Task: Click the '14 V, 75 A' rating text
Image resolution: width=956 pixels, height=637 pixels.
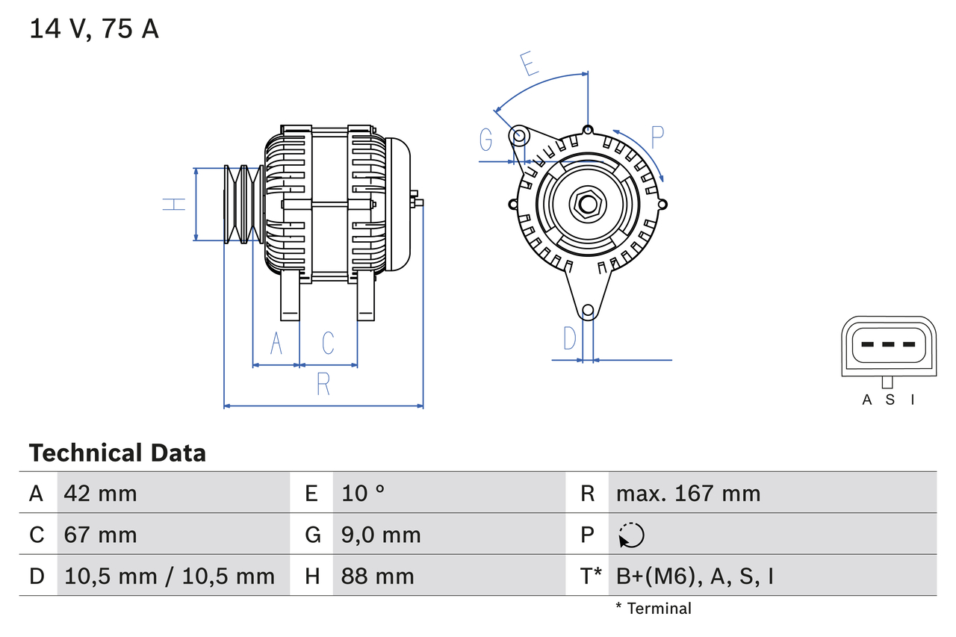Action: (94, 29)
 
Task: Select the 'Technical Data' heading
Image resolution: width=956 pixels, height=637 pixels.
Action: (117, 453)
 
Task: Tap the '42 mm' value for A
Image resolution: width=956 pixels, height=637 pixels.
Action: (101, 493)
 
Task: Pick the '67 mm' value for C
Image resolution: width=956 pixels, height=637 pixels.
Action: (101, 535)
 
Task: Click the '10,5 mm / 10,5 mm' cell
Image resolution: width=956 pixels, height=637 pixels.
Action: (170, 576)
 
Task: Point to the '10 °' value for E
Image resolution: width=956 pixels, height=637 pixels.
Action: (364, 493)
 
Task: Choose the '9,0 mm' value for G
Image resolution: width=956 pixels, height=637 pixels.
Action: (381, 535)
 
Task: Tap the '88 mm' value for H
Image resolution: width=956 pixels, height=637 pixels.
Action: (377, 576)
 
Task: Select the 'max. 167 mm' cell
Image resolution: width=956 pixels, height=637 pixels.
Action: (688, 493)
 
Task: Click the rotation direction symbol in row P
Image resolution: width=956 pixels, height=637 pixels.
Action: (631, 535)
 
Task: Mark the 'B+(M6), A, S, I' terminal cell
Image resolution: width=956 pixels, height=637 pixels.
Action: (694, 576)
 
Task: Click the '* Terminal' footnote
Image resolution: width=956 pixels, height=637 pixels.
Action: (654, 609)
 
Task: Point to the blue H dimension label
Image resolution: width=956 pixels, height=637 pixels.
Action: (174, 204)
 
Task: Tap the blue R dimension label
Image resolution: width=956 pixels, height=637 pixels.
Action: (323, 384)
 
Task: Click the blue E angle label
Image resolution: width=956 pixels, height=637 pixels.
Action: (529, 64)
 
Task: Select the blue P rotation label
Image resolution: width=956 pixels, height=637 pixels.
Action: (657, 137)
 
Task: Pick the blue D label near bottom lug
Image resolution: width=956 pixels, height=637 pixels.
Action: (570, 338)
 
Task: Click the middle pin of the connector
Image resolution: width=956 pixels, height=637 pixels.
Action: (888, 344)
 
